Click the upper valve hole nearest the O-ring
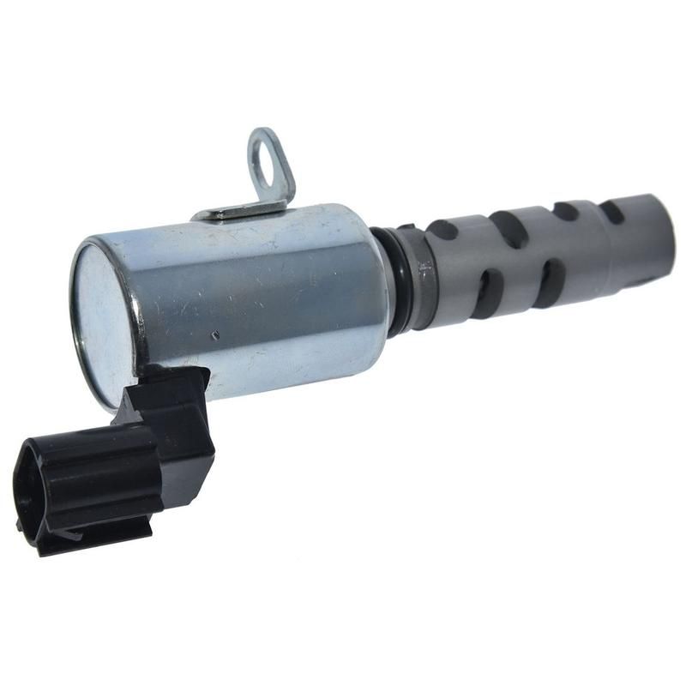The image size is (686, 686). (442, 230)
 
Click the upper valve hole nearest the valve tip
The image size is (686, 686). (611, 212)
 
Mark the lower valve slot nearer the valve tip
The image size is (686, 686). (550, 283)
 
